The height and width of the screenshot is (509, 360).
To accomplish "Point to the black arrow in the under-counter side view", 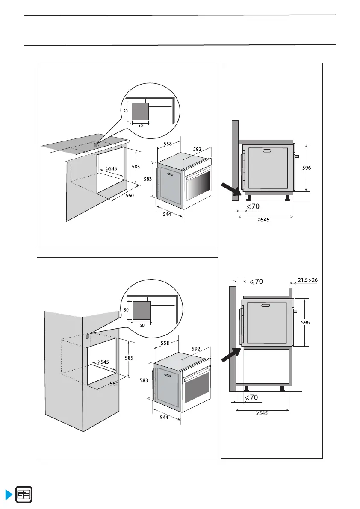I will (230, 189).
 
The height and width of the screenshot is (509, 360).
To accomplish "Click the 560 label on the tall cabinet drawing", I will (114, 384).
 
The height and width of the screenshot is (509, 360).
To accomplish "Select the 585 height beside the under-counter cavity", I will (136, 167).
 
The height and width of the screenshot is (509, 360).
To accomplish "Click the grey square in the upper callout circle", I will (140, 112).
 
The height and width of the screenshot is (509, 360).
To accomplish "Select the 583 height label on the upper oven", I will (147, 179).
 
